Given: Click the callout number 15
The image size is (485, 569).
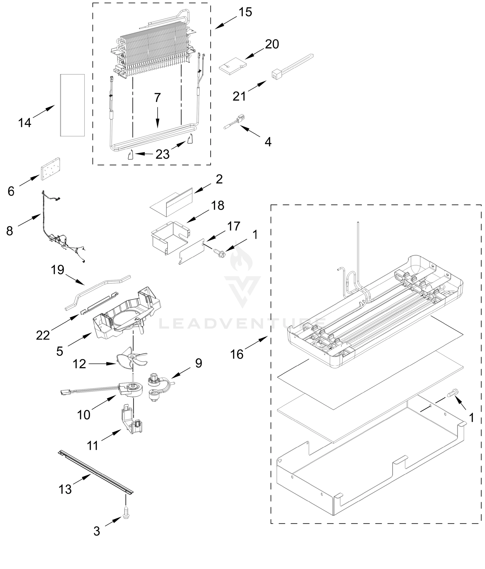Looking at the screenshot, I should (245, 12).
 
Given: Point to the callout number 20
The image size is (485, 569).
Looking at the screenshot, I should (272, 44).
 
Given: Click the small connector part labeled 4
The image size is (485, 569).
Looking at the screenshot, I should (235, 122).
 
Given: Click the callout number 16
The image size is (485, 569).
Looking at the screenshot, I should (237, 354).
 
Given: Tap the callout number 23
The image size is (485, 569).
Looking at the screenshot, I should (162, 154).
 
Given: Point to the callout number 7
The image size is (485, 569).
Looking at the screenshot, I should (157, 98).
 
